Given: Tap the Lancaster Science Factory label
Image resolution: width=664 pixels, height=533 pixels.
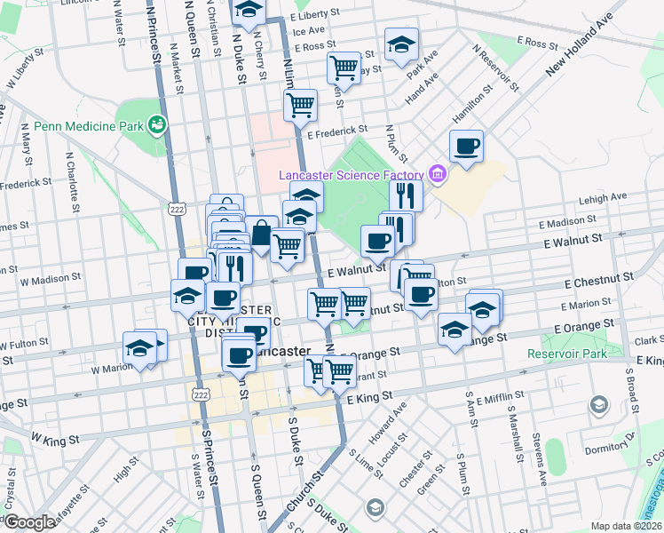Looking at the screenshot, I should [x=353, y=175].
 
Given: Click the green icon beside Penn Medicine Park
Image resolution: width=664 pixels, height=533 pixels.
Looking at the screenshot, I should [x=158, y=124].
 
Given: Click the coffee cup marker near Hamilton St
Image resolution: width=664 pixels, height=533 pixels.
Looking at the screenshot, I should [x=466, y=147].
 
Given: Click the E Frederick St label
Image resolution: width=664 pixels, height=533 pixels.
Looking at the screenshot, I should [x=336, y=133].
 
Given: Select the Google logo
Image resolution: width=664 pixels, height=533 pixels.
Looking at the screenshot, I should [x=28, y=522].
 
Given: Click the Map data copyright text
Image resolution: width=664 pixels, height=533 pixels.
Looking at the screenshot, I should [x=626, y=526].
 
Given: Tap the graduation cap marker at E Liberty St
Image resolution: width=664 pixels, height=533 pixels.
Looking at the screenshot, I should [x=249, y=11].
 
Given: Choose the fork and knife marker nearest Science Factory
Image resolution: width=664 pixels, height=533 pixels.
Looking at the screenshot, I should [x=406, y=195].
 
